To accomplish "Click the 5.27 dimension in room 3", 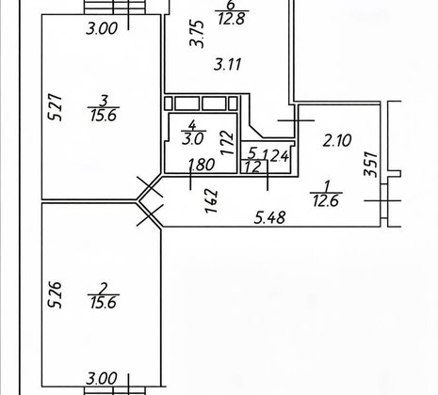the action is click(56, 107).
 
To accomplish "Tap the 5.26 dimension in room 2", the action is click(54, 295).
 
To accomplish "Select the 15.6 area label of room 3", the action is click(104, 116).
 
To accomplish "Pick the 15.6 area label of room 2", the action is click(104, 303).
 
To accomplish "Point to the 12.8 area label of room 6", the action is click(232, 19).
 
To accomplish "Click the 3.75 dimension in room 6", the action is click(198, 34).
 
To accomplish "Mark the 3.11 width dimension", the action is click(228, 65).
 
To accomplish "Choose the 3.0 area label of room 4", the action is click(193, 138).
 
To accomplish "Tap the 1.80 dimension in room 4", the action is click(202, 165).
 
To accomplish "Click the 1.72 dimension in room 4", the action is click(227, 143).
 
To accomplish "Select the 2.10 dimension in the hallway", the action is click(337, 141).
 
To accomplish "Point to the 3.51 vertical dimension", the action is click(370, 165).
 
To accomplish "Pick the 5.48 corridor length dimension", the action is click(270, 218).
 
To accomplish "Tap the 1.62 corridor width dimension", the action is click(211, 201).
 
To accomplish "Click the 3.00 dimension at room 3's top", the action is click(102, 28).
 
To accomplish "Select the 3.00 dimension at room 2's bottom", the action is click(102, 378).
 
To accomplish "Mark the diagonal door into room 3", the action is click(150, 187).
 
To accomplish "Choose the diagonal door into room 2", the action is click(150, 215).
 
